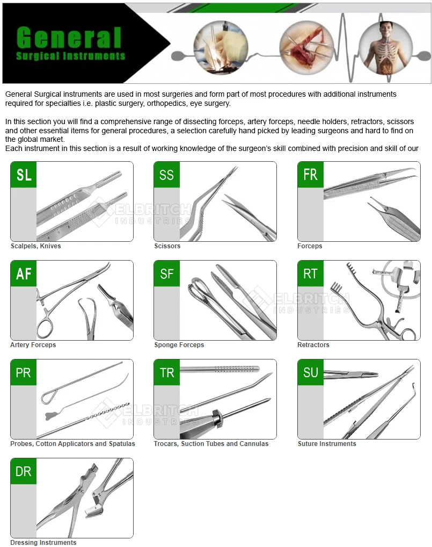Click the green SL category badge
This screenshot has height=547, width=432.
coord(24,175)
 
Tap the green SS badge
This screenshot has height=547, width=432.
coord(167,175)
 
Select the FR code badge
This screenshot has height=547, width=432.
coord(310,175)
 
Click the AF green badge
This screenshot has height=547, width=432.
coord(24,273)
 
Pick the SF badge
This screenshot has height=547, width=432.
coord(167,273)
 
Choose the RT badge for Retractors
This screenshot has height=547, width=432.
coord(310,273)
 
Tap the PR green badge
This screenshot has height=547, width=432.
coord(24,372)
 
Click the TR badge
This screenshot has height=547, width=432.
coord(167,372)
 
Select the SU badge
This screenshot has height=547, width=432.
coord(310,372)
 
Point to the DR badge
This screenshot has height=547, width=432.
coord(24,471)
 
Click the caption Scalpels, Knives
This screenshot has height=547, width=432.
coord(36,246)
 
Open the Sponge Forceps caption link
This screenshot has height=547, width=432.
coord(179,345)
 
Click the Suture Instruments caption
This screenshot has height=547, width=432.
coord(327,444)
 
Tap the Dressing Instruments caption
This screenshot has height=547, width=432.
coord(43,543)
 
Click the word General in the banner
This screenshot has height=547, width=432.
coord(69,37)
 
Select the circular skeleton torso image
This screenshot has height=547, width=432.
coord(386,48)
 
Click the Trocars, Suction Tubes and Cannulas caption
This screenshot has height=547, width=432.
coord(211,444)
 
